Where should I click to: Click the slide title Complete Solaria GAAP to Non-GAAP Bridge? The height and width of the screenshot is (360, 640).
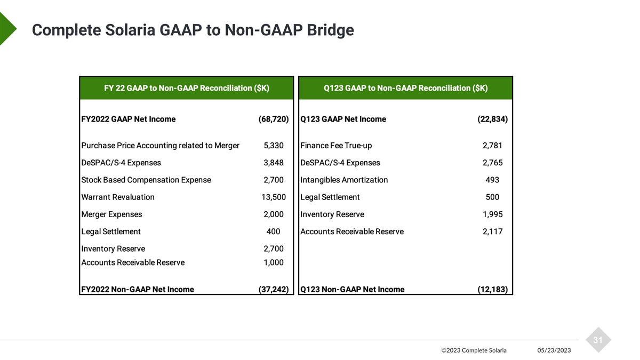[x=193, y=30]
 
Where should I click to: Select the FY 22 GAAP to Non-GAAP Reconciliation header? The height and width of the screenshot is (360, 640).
[x=186, y=88]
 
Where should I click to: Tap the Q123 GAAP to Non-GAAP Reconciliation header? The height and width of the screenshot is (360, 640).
[x=405, y=88]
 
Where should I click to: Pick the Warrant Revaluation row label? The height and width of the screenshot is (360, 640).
[x=118, y=197]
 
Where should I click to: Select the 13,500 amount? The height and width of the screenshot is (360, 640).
[x=274, y=197]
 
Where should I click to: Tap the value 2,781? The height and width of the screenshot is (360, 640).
[x=492, y=146]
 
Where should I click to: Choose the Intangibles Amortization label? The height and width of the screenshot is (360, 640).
[x=344, y=180]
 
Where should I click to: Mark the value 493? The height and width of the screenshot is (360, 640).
[x=492, y=180]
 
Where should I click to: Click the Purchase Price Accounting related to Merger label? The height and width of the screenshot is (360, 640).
[x=160, y=146]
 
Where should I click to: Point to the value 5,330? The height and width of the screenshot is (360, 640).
[x=274, y=146]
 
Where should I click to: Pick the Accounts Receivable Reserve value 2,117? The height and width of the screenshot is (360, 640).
[x=492, y=231]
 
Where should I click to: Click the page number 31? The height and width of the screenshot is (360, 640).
[x=598, y=340]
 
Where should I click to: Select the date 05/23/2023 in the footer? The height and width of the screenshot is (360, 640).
[x=554, y=350]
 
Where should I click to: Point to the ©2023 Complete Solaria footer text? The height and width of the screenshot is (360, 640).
[x=474, y=350]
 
